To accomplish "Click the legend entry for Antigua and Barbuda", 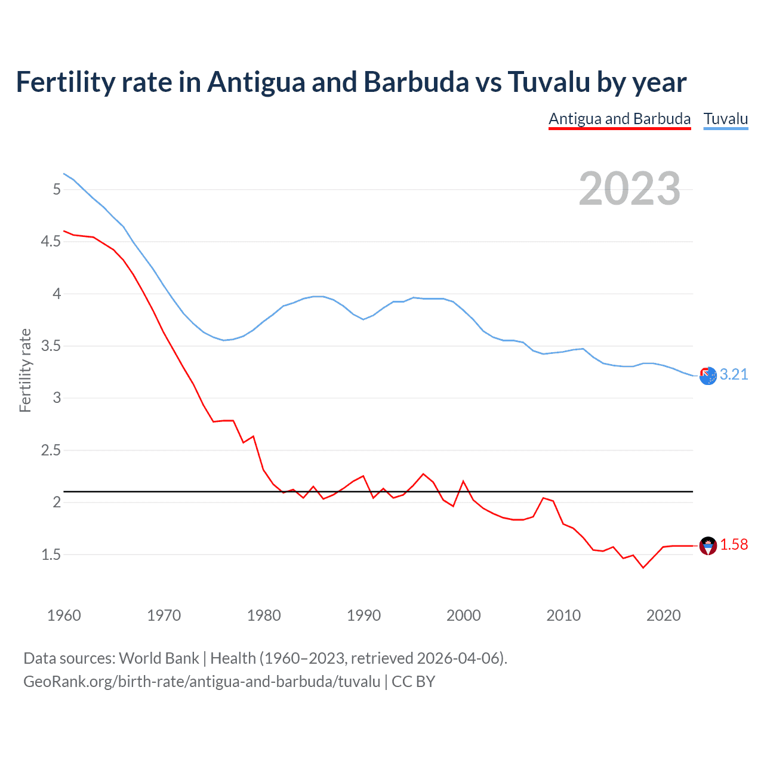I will (620, 119).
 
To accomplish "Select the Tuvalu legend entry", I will (726, 119).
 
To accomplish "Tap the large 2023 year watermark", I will (630, 189).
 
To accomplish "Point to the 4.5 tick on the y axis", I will (51, 242).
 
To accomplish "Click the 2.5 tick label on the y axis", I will (51, 450).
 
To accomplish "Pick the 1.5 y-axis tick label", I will (51, 554).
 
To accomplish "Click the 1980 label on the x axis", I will (264, 615).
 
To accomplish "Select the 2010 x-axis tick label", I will (563, 615).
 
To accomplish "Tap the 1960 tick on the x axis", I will (64, 615).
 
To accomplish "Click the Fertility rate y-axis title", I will (25, 370).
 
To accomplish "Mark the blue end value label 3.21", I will (734, 374).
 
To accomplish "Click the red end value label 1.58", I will (734, 544).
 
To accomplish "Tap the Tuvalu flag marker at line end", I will (708, 376).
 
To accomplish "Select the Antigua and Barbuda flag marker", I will (708, 546).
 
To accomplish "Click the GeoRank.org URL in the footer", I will (202, 681).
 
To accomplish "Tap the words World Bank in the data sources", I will (159, 658).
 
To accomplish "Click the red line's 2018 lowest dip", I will (643, 568).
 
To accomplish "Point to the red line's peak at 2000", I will (464, 481).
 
